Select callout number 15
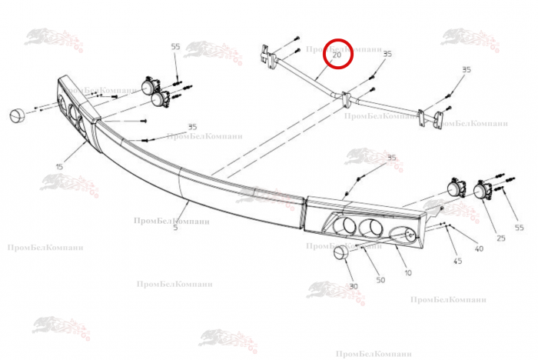pyautogui.click(x=59, y=166)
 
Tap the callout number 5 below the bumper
pyautogui.click(x=175, y=228)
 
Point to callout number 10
pyautogui.click(x=407, y=272)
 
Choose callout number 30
pyautogui.click(x=354, y=286)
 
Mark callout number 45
pyautogui.click(x=457, y=261)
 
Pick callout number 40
pyautogui.click(x=479, y=248)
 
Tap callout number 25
pyautogui.click(x=501, y=238)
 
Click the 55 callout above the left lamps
pyautogui.click(x=175, y=47)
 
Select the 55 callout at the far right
pyautogui.click(x=520, y=228)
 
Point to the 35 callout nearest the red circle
pyautogui.click(x=387, y=55)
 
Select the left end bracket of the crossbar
pyautogui.click(x=267, y=55)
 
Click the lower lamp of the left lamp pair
pyautogui.click(x=161, y=98)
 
